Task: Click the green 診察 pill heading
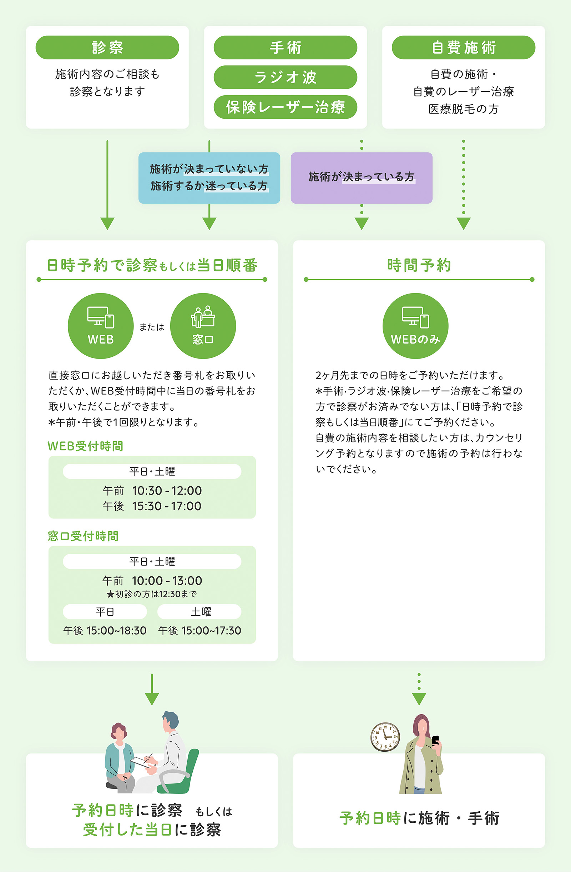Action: click(x=107, y=47)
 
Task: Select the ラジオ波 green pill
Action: click(x=285, y=77)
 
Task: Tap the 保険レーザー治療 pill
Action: click(x=285, y=107)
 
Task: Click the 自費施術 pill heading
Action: click(x=463, y=47)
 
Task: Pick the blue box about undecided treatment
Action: click(x=209, y=178)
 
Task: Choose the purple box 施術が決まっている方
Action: click(x=362, y=178)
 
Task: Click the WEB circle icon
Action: click(x=101, y=326)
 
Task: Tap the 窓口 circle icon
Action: click(x=203, y=326)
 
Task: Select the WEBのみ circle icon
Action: click(x=415, y=326)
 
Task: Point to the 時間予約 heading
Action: click(x=419, y=265)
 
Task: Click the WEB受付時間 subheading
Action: click(x=85, y=446)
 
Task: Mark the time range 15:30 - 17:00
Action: click(x=167, y=506)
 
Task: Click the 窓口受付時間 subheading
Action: click(x=83, y=536)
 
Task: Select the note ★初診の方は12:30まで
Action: click(x=152, y=594)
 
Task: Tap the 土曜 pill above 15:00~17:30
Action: click(x=199, y=611)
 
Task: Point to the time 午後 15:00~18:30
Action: click(x=105, y=631)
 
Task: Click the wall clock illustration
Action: click(x=385, y=737)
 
